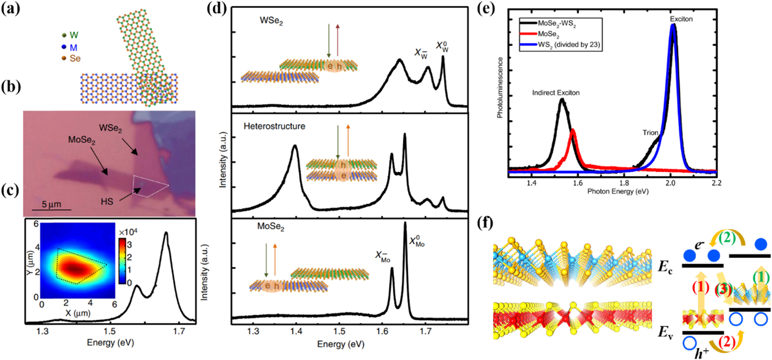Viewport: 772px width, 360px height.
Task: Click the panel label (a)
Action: pos(10,9)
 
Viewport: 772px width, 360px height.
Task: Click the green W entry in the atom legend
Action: pos(74,35)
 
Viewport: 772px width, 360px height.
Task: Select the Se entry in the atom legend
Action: pos(74,58)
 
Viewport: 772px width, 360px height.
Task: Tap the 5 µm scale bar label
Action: pos(51,204)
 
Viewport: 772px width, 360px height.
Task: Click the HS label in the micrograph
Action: pos(107,201)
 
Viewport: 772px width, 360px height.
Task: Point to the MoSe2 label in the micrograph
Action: pos(82,140)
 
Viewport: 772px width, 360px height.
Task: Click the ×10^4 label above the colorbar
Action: pos(128,232)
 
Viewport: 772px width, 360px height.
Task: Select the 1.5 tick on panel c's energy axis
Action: pos(110,331)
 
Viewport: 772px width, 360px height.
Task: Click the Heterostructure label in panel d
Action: pos(274,126)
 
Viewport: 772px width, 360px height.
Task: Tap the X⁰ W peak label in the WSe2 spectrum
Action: pos(442,46)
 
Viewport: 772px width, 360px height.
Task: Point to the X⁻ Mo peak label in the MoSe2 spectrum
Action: pos(382,256)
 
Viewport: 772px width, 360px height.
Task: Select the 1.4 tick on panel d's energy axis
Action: pos(296,331)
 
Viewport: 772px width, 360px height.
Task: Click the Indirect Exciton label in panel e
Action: pos(555,93)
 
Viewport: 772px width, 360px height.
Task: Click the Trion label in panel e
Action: pos(650,133)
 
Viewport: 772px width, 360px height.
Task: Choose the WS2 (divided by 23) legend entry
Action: pos(569,45)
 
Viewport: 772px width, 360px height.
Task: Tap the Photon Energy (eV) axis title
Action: pos(618,191)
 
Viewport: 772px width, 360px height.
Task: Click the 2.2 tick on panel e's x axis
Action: pos(717,183)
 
